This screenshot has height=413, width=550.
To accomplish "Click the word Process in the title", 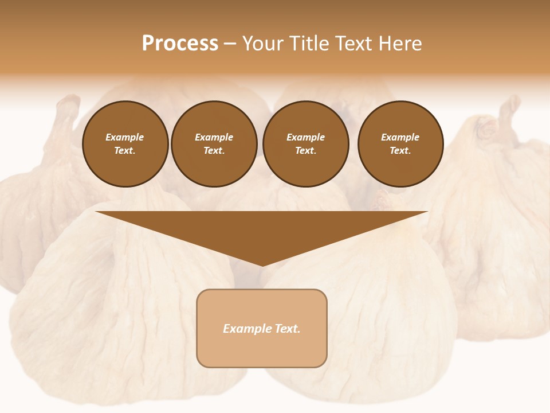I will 180,44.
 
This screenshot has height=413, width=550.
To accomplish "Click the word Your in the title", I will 264,44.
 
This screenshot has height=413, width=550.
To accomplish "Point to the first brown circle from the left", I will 125,144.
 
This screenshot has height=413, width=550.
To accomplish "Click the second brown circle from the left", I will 214,144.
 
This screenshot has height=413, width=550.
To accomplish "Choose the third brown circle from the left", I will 306,144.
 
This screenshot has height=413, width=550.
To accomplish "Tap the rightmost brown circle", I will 400,144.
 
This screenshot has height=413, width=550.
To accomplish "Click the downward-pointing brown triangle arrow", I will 262,229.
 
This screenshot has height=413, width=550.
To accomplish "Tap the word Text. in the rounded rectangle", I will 288,329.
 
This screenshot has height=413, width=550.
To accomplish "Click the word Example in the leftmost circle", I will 125,137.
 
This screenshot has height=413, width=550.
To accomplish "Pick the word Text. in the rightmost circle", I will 400,151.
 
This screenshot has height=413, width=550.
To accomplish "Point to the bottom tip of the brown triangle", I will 262,264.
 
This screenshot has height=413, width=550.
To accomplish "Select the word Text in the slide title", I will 353,44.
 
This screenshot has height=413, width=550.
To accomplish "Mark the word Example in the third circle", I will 306,137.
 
